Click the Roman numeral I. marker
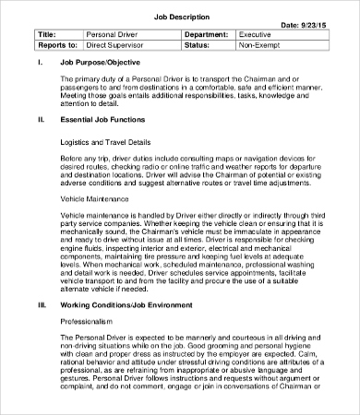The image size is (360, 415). coord(39,62)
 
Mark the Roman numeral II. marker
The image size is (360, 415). coord(40,119)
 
